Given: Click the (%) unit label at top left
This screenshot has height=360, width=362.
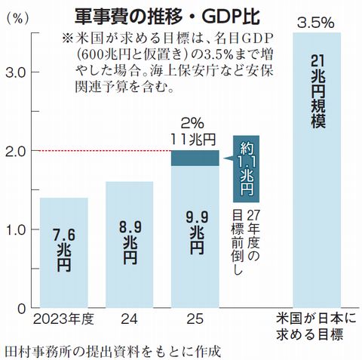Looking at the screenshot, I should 16,17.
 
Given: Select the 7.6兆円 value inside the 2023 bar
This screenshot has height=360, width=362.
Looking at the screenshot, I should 63,253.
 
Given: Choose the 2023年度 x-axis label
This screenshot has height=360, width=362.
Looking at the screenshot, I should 63,319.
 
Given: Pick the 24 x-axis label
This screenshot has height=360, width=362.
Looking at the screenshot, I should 129,319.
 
